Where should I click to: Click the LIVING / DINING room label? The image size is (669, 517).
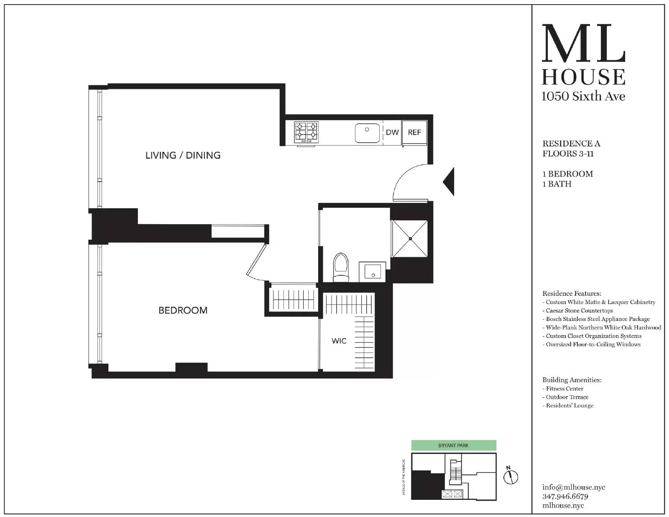[x=183, y=155]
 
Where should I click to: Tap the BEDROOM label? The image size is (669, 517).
[x=183, y=310]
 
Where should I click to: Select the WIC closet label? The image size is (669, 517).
[x=339, y=341]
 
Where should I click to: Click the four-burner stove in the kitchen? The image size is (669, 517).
[x=306, y=132]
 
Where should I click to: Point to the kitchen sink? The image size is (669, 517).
[x=367, y=133]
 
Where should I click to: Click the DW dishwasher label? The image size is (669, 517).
[x=392, y=132]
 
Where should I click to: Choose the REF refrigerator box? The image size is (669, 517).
[x=414, y=133]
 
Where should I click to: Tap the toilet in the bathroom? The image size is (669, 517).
[x=341, y=268]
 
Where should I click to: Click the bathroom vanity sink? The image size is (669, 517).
[x=372, y=272]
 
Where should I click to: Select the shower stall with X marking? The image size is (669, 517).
[x=410, y=239]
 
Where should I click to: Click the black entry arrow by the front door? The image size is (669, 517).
[x=449, y=181]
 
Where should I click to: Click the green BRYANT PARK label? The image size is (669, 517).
[x=453, y=445]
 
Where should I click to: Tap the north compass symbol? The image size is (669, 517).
[x=511, y=476]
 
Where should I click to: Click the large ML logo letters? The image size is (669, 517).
[x=583, y=44]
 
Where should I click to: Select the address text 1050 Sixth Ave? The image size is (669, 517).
[x=583, y=96]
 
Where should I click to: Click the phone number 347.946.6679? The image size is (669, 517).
[x=565, y=497]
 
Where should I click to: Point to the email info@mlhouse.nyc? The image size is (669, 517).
[x=574, y=487]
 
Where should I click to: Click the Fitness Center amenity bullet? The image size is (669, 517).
[x=564, y=389]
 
